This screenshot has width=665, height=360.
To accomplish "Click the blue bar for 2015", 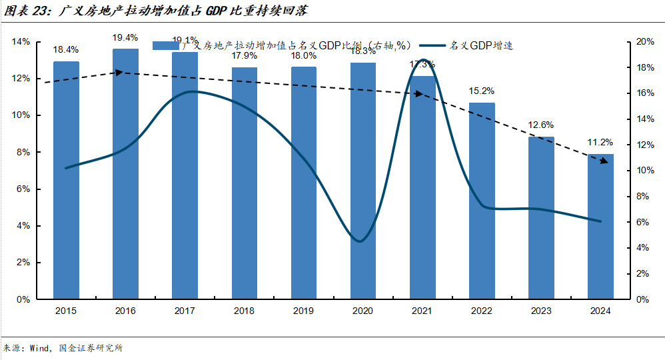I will click(x=66, y=180).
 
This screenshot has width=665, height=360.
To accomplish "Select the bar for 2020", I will click(x=363, y=180).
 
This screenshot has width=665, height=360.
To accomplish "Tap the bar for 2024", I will click(x=600, y=227).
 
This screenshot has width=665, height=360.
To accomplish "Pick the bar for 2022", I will click(x=482, y=200).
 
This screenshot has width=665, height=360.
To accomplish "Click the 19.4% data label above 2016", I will click(x=125, y=37).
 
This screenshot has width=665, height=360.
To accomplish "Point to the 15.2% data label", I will click(x=482, y=91).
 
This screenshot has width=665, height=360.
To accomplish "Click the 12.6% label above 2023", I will click(x=541, y=125).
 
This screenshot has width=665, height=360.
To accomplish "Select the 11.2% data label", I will click(x=600, y=143).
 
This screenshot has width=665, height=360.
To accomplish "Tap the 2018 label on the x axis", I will click(x=244, y=311).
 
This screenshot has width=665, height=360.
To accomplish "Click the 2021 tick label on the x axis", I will click(x=422, y=311).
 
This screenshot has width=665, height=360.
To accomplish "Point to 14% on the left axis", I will click(x=21, y=42).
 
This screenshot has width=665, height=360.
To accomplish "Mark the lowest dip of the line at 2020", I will click(x=359, y=241).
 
